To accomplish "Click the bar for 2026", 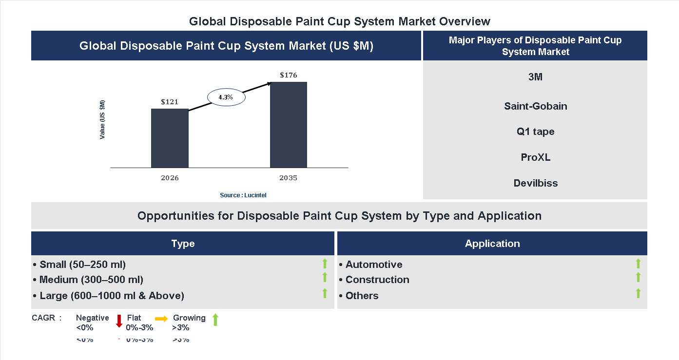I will click(x=170, y=138).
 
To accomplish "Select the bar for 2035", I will click(x=289, y=125).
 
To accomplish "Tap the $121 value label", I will click(x=170, y=102).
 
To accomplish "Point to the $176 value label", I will click(x=289, y=75).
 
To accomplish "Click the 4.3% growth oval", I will click(x=226, y=97).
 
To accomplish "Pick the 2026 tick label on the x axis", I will click(x=170, y=178).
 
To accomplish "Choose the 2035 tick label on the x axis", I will click(x=288, y=178).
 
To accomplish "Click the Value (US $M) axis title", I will click(x=102, y=119).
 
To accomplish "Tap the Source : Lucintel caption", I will click(x=243, y=195).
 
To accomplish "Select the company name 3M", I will click(x=535, y=77).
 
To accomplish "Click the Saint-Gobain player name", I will click(x=535, y=106).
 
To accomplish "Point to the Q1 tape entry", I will click(x=535, y=132).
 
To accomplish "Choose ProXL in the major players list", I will click(x=535, y=157).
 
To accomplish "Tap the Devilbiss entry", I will click(x=535, y=183).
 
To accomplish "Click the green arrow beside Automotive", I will click(x=638, y=264).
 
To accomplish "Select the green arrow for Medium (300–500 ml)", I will click(x=325, y=277).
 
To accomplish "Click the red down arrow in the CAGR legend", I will click(x=119, y=321).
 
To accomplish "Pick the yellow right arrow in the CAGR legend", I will click(x=161, y=318).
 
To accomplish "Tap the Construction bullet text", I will click(x=377, y=280).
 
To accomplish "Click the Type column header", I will click(x=183, y=244).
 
